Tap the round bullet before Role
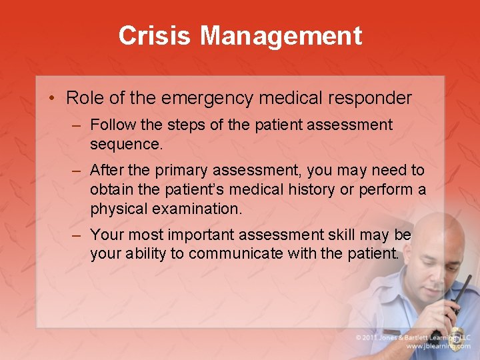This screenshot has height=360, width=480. tap(51, 99)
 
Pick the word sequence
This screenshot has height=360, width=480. tap(125, 144)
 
